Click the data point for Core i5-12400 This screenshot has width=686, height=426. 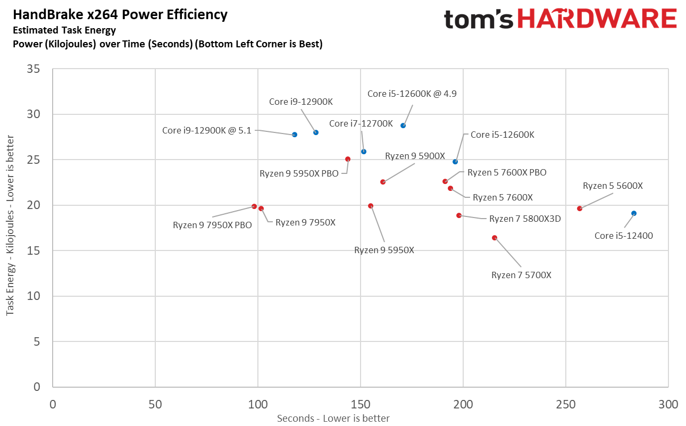click(633, 213)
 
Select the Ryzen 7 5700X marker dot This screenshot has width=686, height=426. click(495, 238)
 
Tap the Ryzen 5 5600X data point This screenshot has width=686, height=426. click(580, 208)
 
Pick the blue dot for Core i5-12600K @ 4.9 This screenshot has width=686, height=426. click(403, 126)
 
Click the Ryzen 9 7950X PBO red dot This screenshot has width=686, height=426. click(254, 206)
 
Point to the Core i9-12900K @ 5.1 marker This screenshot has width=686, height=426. click(295, 135)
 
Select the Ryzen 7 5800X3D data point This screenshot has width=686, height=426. click(459, 215)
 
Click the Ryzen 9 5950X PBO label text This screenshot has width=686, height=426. click(299, 173)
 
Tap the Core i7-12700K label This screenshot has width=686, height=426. click(361, 124)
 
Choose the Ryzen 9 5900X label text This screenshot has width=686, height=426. click(415, 156)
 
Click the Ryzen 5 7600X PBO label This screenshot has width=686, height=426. click(507, 172)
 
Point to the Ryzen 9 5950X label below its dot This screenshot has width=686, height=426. click(384, 250)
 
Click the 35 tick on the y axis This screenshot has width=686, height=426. click(34, 69)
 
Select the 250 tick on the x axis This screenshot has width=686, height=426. click(565, 405)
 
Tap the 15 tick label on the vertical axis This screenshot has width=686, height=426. click(34, 250)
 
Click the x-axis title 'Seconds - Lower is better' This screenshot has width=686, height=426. click(333, 419)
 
